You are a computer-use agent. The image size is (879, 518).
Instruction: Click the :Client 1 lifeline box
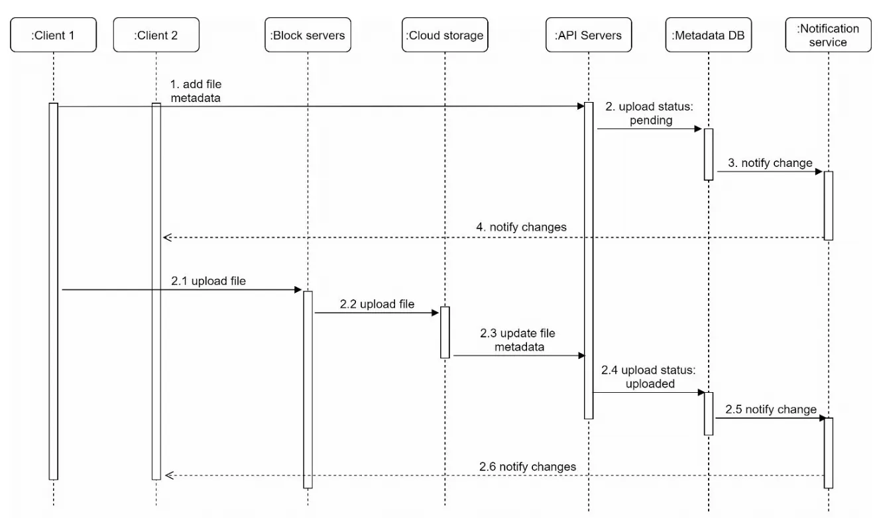pos(54,34)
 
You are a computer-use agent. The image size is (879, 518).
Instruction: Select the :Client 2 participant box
pos(156,34)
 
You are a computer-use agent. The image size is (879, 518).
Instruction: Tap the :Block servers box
pos(308,34)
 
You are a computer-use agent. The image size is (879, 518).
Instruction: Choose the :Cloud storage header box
pos(445,34)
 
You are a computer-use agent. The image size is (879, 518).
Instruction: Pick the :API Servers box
pos(589,34)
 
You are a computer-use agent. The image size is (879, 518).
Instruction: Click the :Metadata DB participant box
pos(708,34)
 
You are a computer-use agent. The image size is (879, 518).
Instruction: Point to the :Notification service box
pos(829,34)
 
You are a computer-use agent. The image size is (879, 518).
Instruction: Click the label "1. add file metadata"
pos(196,91)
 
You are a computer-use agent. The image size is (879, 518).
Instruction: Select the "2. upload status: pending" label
pos(650,113)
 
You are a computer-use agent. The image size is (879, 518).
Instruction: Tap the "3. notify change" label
pos(770,163)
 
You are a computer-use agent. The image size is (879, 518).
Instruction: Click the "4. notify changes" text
pos(521,227)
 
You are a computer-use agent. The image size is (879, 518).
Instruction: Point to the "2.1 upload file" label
pos(208,281)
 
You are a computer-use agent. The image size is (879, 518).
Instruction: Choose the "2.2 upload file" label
pos(377,304)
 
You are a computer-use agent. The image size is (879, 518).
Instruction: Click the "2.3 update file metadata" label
pos(518,340)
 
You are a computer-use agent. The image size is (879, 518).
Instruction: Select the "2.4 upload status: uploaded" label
pos(649,377)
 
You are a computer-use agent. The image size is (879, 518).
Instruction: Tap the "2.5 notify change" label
pos(771,409)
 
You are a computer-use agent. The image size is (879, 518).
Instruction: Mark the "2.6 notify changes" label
pos(528,466)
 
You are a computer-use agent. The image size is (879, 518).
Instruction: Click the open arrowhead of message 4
pos(168,237)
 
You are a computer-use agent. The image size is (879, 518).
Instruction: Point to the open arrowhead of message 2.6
pos(169,475)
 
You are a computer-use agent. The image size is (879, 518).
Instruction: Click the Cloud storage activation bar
pos(445,332)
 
